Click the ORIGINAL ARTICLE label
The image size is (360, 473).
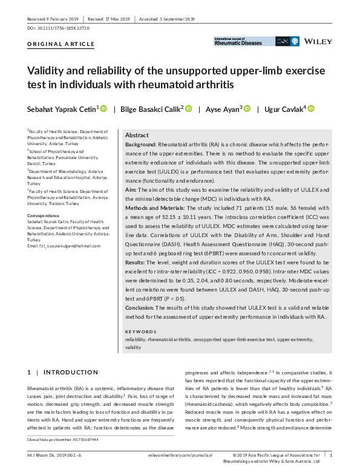tap(61, 44)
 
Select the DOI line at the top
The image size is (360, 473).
tap(54, 28)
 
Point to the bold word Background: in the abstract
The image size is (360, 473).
tap(140, 146)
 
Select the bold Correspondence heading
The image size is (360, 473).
tap(44, 216)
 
